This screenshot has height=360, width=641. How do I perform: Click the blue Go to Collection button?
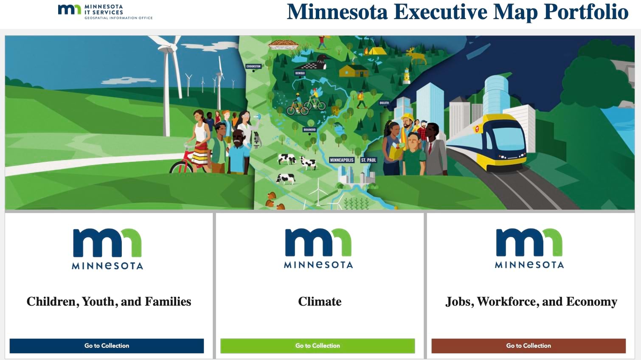tap(107, 346)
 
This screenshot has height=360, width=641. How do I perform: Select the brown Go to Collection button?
tap(529, 346)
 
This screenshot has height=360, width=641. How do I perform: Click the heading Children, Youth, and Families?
tap(109, 301)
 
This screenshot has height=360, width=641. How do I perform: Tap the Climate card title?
tap(320, 301)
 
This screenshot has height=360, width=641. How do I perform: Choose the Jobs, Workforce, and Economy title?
tap(531, 301)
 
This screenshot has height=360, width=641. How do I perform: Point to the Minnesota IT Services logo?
tap(105, 12)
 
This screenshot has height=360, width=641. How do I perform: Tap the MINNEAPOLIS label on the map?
tap(342, 160)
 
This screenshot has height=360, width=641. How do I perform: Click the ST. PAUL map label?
tap(368, 160)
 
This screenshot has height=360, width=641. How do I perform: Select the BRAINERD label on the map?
tap(309, 129)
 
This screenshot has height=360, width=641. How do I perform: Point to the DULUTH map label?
tap(384, 103)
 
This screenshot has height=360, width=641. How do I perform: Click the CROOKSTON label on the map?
tap(253, 66)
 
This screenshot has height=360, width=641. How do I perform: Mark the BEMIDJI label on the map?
tap(300, 73)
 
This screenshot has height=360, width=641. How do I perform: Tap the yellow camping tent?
tap(376, 51)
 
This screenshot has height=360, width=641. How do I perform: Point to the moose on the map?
tap(416, 56)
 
